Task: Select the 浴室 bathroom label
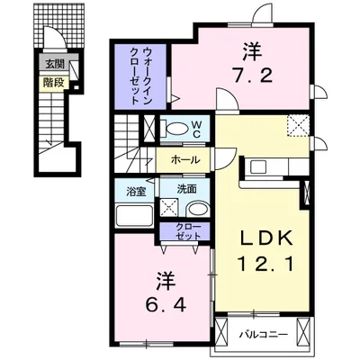point(137,192)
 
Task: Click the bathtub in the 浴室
point(136,216)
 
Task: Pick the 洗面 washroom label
point(187,190)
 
